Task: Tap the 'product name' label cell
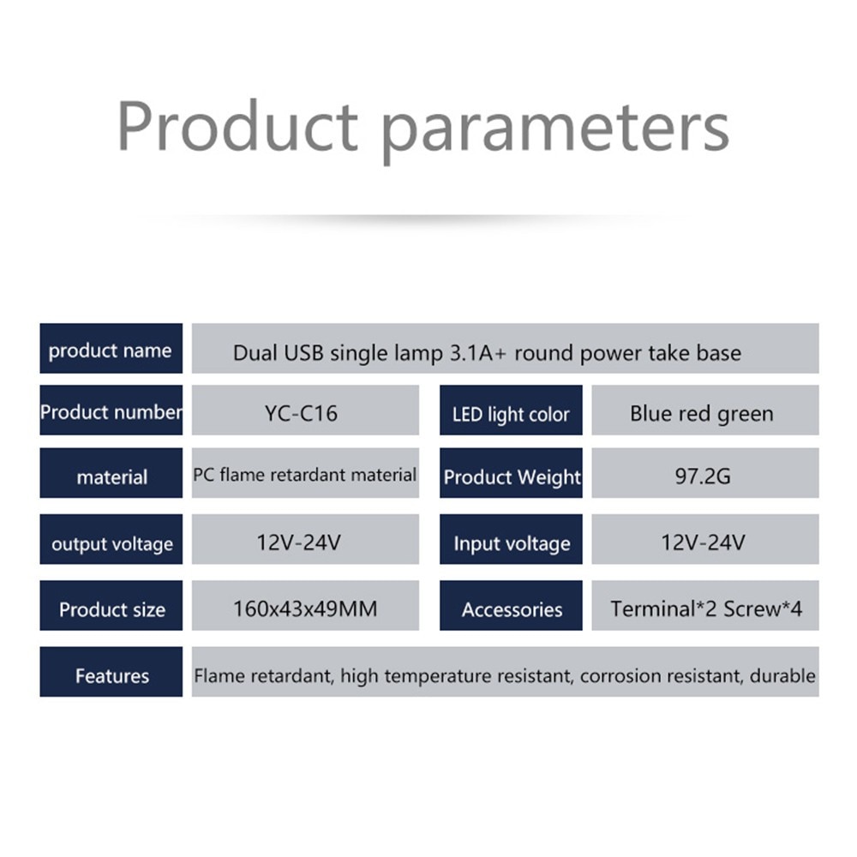tap(111, 349)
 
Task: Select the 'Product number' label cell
tap(111, 411)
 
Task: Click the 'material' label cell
tap(111, 473)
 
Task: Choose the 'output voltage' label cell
tap(111, 539)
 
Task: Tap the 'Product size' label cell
tap(111, 606)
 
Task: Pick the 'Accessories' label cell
tap(511, 606)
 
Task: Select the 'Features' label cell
tap(111, 672)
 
